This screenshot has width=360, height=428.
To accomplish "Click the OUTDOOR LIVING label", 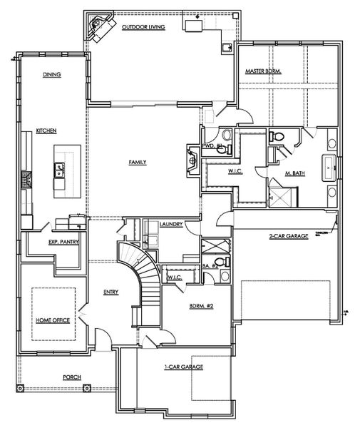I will pyautogui.click(x=143, y=26).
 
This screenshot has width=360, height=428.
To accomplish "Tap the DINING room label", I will pyautogui.click(x=51, y=73).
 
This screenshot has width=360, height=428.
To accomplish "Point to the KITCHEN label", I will pyautogui.click(x=46, y=131).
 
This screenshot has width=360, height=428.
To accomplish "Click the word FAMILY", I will pyautogui.click(x=138, y=162).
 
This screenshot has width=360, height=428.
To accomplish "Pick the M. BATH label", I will pyautogui.click(x=296, y=173).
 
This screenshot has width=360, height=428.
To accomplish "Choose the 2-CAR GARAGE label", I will pyautogui.click(x=289, y=235).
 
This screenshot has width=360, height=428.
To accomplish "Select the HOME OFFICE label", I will pyautogui.click(x=53, y=321).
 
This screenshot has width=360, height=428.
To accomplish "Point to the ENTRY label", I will pyautogui.click(x=110, y=291).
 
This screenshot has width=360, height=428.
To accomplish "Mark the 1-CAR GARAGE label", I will pyautogui.click(x=184, y=367).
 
